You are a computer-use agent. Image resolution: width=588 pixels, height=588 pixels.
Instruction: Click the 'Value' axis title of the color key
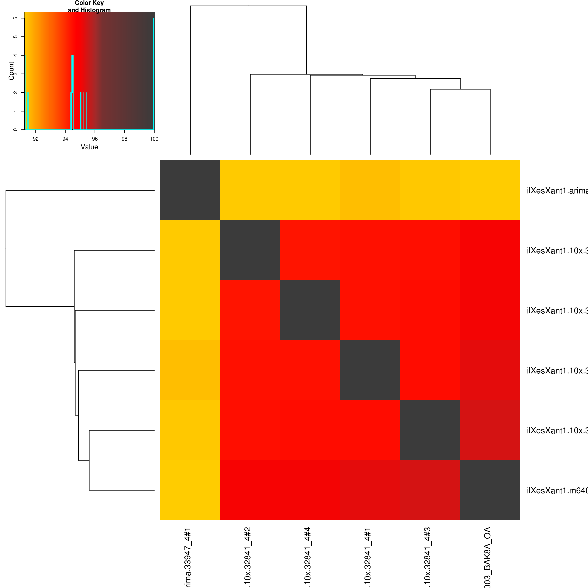[x=89, y=147]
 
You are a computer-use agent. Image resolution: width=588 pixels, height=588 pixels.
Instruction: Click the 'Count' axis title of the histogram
[x=11, y=71]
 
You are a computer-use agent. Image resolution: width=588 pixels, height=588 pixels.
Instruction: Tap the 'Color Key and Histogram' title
[x=89, y=6]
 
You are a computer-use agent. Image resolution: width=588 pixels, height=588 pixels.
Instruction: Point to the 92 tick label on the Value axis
[x=36, y=139]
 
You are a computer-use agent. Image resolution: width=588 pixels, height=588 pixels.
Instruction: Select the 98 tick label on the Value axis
[x=125, y=139]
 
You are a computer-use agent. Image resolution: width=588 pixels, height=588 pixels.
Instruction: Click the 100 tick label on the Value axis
[x=154, y=139]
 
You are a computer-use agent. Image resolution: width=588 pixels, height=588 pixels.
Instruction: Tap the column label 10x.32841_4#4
[x=307, y=557]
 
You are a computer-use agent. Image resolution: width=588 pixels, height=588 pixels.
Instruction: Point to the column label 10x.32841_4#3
[x=427, y=557]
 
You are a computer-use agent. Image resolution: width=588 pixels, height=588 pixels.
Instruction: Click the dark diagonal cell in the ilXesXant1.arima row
[x=190, y=190]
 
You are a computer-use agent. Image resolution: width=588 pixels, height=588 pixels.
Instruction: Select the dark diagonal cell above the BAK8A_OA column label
[x=490, y=490]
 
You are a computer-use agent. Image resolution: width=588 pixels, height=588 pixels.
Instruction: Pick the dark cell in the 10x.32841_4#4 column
[x=310, y=310]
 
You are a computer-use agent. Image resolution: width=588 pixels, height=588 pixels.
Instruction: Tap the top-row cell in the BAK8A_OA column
[x=490, y=190]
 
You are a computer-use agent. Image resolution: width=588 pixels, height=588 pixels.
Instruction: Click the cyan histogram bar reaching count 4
[x=72, y=91]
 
